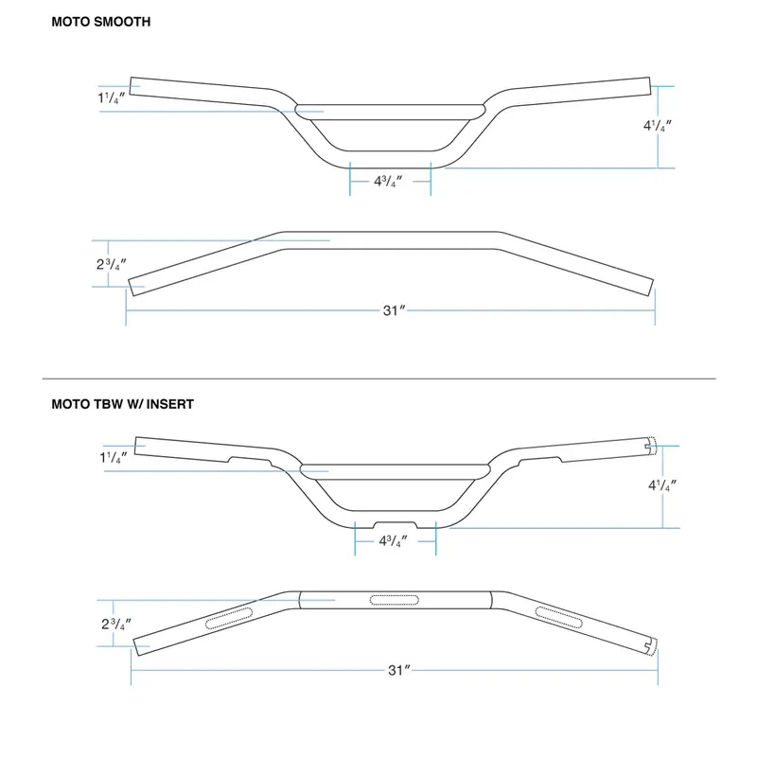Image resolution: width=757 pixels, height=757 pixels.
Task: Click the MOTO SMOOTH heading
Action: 101,22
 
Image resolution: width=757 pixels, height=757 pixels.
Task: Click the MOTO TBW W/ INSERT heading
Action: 123,404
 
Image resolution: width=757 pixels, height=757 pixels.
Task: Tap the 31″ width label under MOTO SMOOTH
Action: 394,310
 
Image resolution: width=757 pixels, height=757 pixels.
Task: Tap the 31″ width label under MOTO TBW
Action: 398,670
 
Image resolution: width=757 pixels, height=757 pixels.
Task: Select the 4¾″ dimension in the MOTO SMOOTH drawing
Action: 388,182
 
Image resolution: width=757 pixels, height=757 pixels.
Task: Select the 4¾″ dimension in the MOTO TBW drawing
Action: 393,541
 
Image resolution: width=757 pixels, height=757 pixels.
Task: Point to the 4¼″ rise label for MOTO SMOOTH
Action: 658,126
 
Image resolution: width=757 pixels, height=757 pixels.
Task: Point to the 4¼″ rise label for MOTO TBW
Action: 662,485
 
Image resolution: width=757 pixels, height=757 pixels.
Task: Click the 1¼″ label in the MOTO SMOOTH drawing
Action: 112,98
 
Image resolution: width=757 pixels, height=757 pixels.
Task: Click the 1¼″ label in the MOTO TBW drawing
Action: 114,457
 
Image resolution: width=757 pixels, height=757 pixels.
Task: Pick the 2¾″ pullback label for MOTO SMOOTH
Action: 112,265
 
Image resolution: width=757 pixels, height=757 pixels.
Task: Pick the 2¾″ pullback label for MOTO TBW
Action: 116,625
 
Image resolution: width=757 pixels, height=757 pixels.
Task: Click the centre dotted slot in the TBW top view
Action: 394,600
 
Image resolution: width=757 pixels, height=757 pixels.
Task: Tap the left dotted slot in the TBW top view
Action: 229,619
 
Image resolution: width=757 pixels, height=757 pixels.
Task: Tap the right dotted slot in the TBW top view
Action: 559,618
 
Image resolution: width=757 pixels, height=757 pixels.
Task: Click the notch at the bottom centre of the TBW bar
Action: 396,525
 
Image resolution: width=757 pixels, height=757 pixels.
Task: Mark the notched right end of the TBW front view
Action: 651,446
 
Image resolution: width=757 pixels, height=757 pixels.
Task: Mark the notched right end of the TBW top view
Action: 652,647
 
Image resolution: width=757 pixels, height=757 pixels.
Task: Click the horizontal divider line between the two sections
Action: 379,379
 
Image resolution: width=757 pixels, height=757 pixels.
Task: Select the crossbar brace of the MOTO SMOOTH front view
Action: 390,112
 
